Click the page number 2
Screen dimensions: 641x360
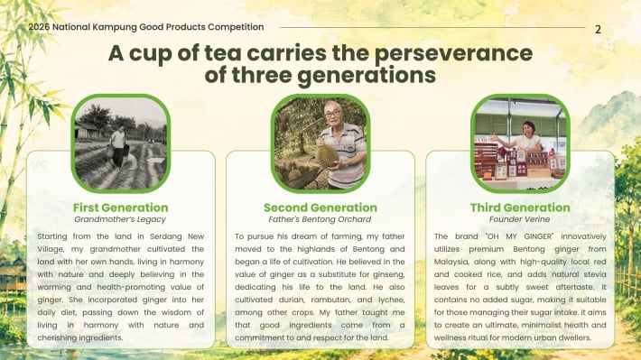click(x=598, y=30)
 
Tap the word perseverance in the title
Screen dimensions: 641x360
click(x=453, y=54)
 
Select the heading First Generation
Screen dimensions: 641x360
click(x=121, y=208)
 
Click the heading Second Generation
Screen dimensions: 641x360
click(x=320, y=208)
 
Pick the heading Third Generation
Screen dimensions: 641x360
click(x=520, y=208)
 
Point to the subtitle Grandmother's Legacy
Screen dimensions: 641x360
click(x=120, y=219)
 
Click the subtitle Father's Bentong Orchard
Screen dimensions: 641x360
click(x=320, y=219)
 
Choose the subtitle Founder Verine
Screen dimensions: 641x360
click(x=520, y=219)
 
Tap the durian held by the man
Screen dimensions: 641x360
click(x=327, y=157)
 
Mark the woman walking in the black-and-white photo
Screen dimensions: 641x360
click(x=118, y=146)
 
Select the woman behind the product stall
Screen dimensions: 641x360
click(x=528, y=135)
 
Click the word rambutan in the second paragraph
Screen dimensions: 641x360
click(x=330, y=300)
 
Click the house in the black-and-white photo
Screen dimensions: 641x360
click(x=87, y=130)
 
